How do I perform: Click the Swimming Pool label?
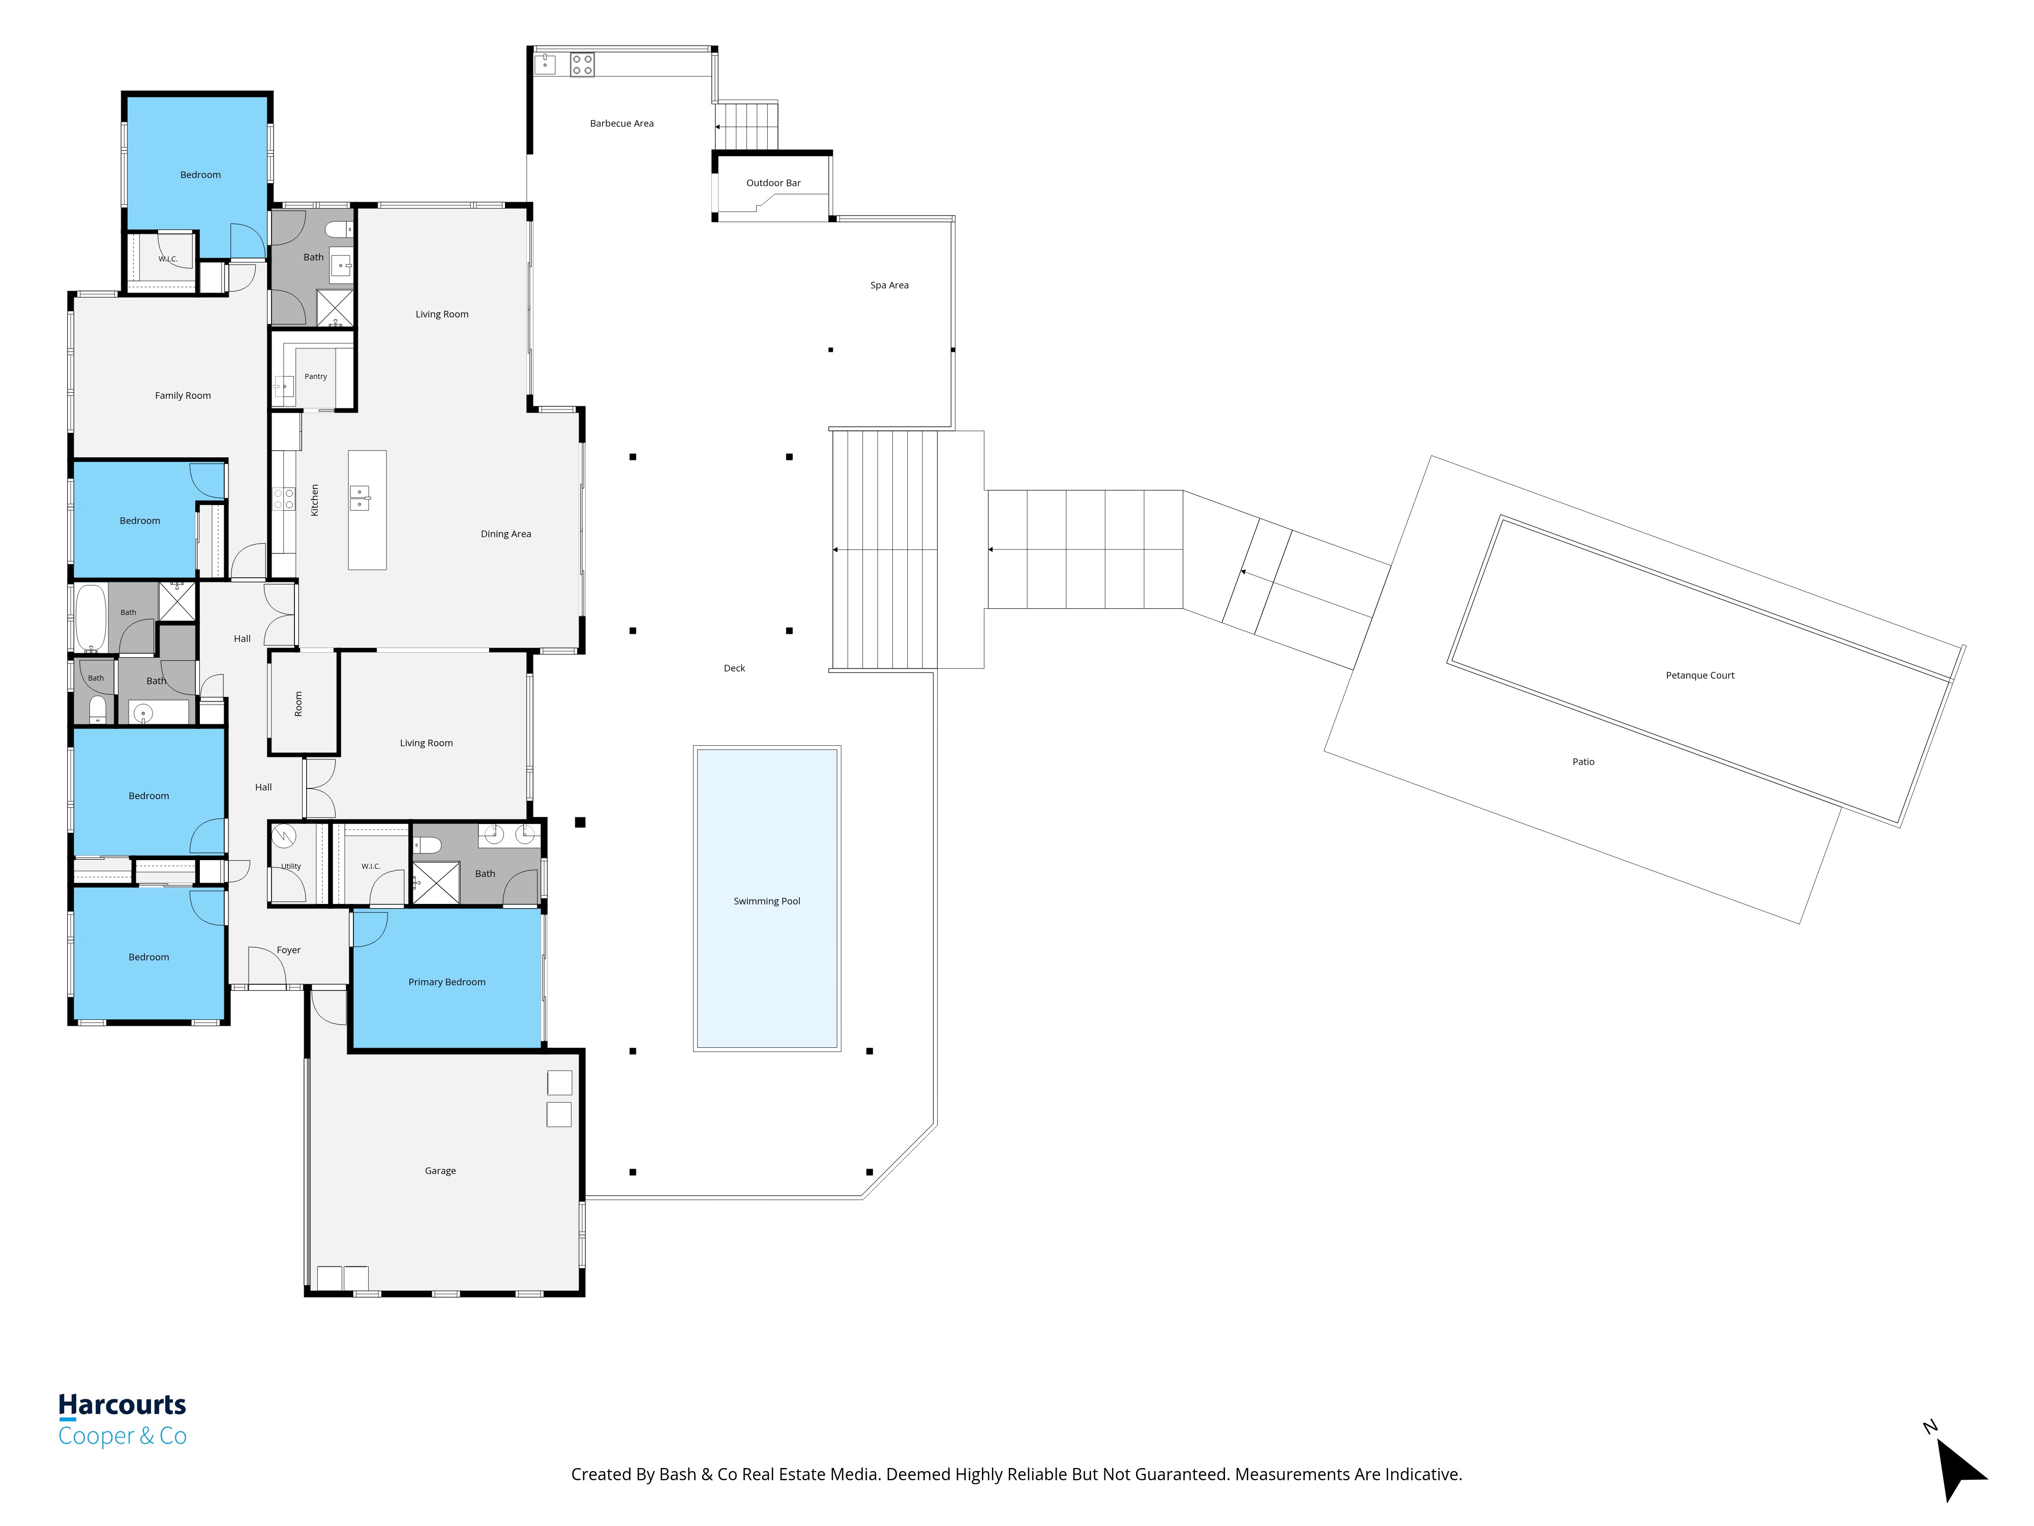click(767, 901)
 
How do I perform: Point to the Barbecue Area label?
click(621, 123)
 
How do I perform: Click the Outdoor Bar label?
click(773, 183)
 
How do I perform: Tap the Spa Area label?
click(889, 285)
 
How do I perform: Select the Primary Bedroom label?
click(447, 982)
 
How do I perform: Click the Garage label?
click(440, 1171)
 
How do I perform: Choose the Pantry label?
click(315, 376)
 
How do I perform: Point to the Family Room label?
click(183, 396)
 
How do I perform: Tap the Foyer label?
click(289, 950)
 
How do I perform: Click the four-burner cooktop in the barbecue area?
click(582, 65)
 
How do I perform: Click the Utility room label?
click(290, 866)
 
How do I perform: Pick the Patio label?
click(1583, 761)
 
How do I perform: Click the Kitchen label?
click(314, 501)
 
